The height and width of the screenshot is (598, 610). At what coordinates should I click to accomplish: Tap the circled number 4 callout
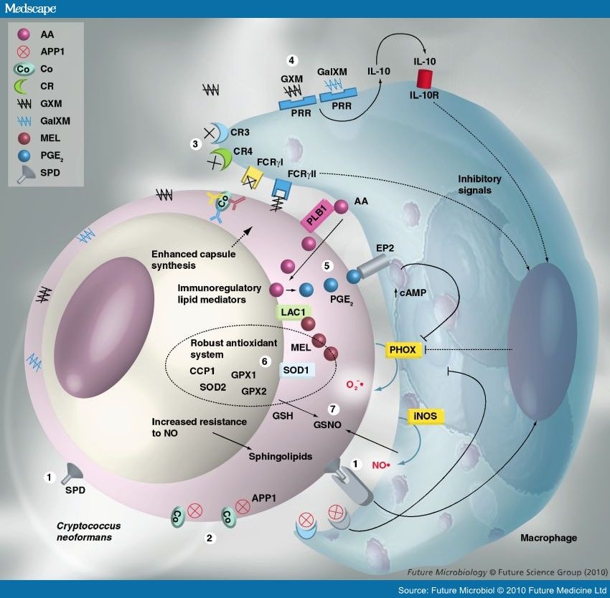coord(291,60)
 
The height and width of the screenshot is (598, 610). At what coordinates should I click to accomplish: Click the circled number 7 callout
coord(332,409)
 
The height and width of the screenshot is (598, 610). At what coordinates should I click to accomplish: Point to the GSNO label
coord(326,424)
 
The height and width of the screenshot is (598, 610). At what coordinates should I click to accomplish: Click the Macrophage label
coord(549,537)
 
